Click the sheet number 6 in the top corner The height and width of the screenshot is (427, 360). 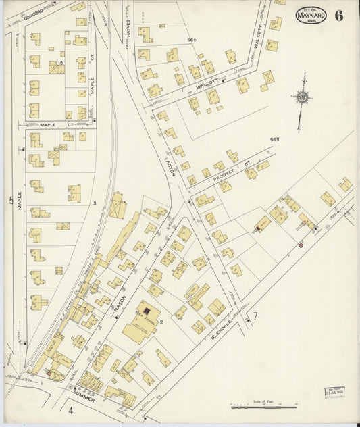[338, 15]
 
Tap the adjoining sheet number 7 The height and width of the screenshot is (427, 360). [255, 316]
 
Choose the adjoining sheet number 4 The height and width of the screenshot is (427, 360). [70, 409]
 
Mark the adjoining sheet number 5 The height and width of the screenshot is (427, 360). [10, 200]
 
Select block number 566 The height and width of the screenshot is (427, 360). [191, 41]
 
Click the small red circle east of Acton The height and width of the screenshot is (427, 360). [300, 245]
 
